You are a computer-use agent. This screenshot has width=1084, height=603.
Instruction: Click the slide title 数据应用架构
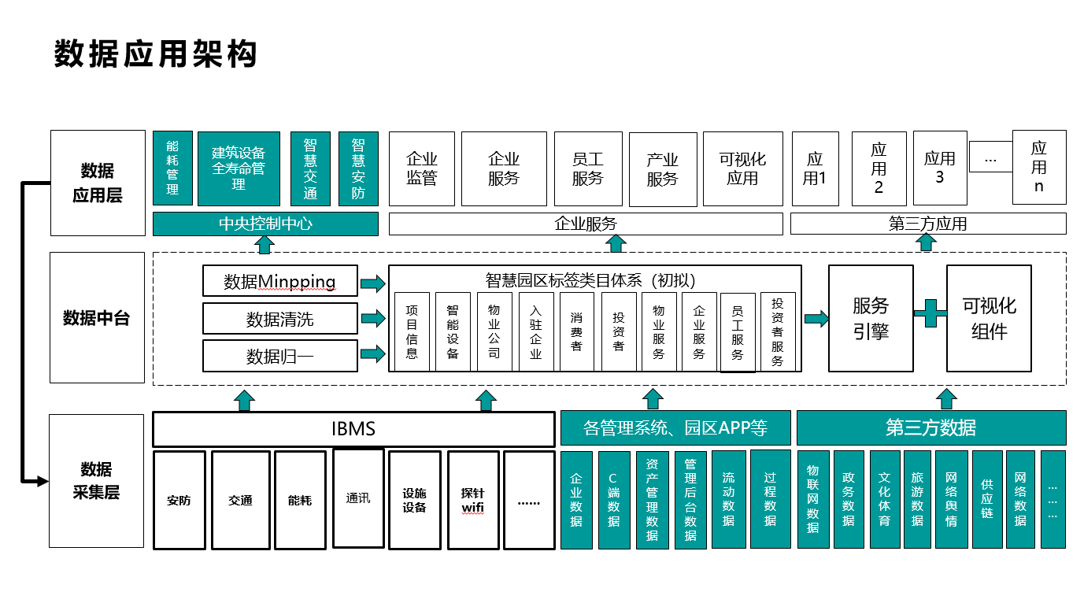point(155,54)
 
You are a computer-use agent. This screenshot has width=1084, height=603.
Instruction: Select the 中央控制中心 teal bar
point(265,224)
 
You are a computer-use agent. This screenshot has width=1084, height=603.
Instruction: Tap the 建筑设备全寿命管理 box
point(239,168)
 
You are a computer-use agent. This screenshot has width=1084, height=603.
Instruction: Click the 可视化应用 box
point(743,169)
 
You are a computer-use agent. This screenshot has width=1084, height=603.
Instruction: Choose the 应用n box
point(1039,167)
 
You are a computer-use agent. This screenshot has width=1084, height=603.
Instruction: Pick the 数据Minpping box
point(280,281)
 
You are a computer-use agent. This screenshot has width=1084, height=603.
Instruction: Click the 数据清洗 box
point(280,319)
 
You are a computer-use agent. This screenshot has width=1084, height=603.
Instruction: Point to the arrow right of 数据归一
point(373,353)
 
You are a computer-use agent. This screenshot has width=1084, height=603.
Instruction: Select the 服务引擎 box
point(871,319)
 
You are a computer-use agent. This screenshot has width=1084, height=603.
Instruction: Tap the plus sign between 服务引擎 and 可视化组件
point(930,313)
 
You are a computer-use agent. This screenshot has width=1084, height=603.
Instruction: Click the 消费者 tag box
point(576,331)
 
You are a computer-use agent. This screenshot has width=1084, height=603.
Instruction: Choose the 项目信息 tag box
point(412,331)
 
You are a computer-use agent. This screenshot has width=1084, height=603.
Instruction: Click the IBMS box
point(353,429)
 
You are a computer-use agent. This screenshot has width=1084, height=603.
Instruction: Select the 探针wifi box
point(473,500)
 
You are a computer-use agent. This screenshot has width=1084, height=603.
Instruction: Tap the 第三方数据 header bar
point(931,427)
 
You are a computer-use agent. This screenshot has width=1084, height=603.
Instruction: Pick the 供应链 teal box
point(987,499)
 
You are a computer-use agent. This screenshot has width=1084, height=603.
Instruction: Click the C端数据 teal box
point(614,499)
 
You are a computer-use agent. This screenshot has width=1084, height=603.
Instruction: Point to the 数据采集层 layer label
point(96,480)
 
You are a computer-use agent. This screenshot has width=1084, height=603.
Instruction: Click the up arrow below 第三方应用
point(926,242)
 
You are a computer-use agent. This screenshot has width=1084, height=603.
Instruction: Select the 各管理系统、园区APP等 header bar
point(675,427)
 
